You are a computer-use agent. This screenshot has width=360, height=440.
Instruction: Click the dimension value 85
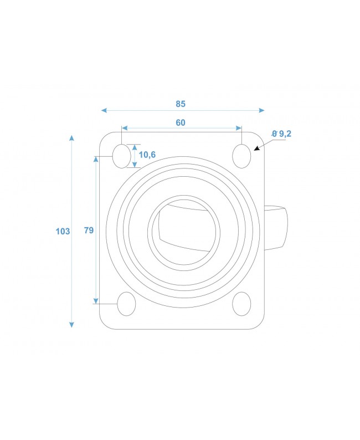[181, 104]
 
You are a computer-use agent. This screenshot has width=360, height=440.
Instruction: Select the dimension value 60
[181, 123]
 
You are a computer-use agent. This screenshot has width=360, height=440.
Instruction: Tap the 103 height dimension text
[63, 231]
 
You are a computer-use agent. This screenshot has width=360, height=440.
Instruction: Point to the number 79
[89, 231]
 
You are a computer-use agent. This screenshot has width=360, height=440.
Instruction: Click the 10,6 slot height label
[147, 155]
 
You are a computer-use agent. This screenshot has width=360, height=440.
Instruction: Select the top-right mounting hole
[241, 156]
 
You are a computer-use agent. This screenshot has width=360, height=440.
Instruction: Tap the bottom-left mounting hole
[127, 303]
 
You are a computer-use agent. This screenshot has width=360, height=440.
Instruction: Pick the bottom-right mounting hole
[241, 303]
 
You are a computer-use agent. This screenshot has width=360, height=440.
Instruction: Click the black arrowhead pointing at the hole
[256, 148]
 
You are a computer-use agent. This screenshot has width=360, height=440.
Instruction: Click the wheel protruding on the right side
[277, 228]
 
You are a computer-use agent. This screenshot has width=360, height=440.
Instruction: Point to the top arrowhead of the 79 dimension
[96, 159]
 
